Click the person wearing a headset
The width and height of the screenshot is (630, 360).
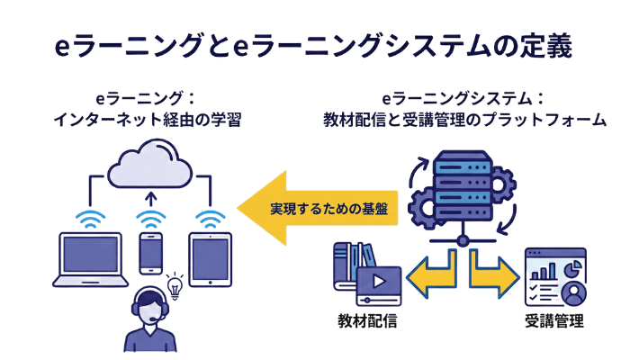[148, 319]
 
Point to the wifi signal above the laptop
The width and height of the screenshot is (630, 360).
[89, 218]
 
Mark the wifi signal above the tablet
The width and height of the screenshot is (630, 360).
[211, 218]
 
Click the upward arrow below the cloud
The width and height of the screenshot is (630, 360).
[150, 199]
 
